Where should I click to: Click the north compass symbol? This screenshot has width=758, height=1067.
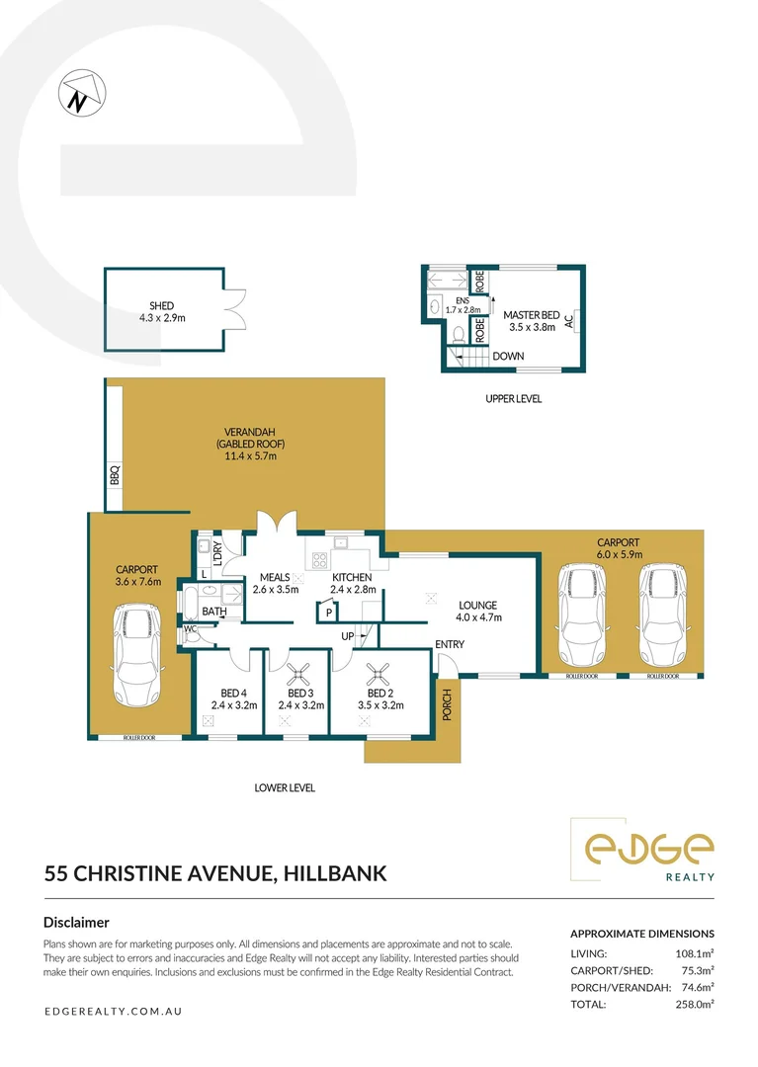82,93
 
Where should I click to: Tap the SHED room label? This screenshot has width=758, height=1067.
162,306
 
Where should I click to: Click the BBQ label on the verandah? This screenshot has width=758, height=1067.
115,475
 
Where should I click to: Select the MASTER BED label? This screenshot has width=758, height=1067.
532,315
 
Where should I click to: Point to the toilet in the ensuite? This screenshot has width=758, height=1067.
459,335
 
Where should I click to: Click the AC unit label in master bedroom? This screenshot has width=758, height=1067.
569,320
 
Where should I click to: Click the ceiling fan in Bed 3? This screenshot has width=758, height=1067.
298,675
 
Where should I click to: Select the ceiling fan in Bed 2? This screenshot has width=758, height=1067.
378,675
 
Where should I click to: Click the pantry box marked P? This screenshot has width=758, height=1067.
328,613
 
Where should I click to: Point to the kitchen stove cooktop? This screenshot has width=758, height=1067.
319,560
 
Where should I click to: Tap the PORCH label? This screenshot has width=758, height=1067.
447,704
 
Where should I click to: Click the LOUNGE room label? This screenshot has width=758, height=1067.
477,605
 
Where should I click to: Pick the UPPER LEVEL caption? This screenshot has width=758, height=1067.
513,399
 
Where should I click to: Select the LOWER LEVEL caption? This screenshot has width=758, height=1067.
285,787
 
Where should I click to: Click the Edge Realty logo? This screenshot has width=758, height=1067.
643,850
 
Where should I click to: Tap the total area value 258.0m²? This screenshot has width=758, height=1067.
694,1004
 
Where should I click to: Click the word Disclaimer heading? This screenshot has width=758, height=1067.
76,922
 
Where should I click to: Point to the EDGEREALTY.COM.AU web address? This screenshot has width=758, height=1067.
113,1012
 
